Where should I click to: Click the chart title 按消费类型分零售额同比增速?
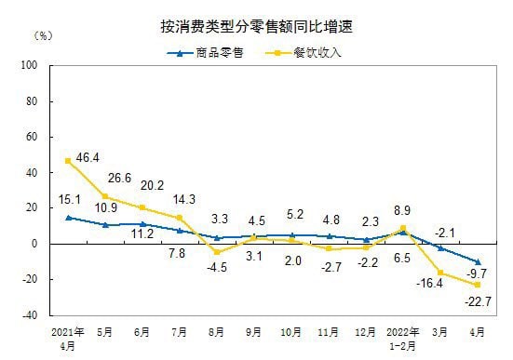click(256, 28)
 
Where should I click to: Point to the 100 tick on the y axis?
click(28, 66)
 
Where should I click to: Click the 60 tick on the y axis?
click(30, 138)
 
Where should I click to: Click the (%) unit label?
click(44, 36)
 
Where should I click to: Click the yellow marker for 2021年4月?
click(68, 160)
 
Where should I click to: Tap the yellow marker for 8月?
click(217, 252)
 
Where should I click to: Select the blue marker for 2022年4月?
click(478, 261)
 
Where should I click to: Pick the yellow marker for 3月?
click(440, 273)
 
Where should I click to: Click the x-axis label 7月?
click(180, 330)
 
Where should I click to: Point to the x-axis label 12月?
click(366, 330)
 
